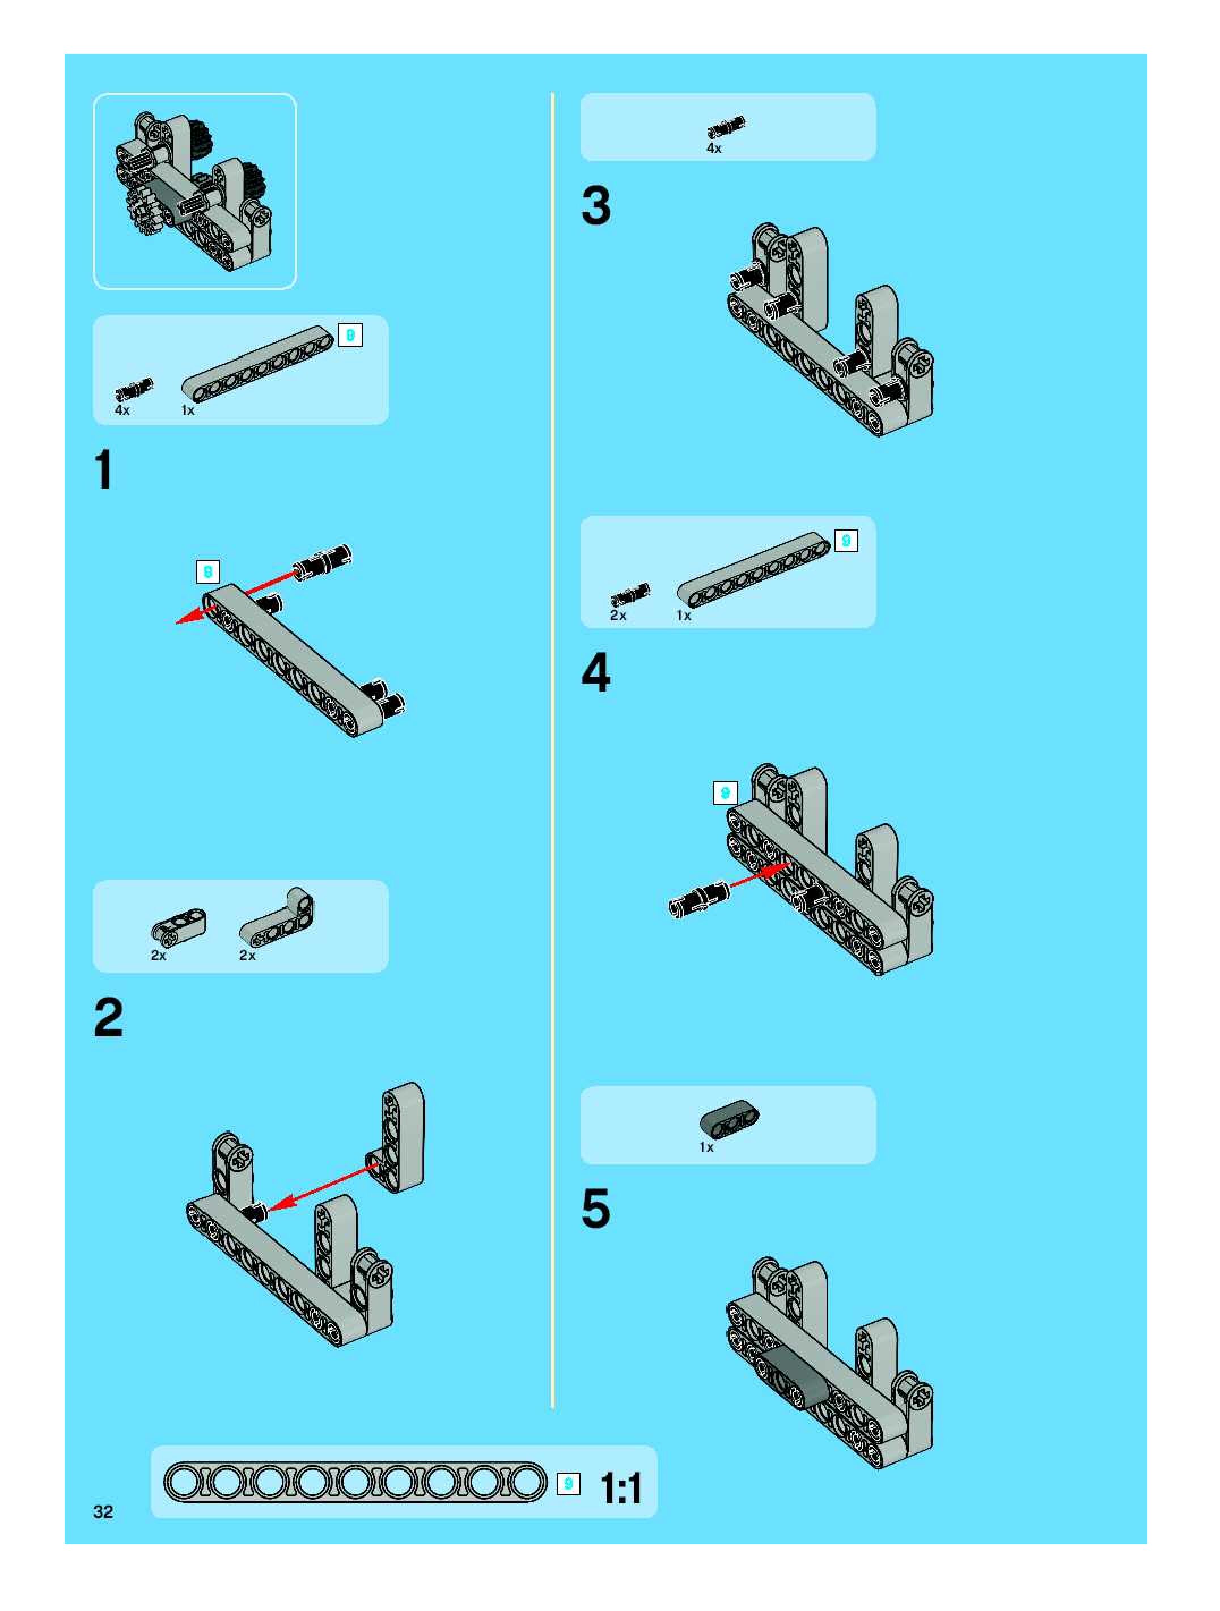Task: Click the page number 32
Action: [103, 1511]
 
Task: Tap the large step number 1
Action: [104, 470]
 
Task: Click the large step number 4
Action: [596, 672]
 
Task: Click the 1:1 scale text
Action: [621, 1488]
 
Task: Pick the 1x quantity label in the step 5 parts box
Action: [706, 1147]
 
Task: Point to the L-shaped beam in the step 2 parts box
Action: [277, 918]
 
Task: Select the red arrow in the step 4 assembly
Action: [759, 876]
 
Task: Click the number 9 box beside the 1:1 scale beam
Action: [568, 1483]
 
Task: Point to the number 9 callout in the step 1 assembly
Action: [207, 572]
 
